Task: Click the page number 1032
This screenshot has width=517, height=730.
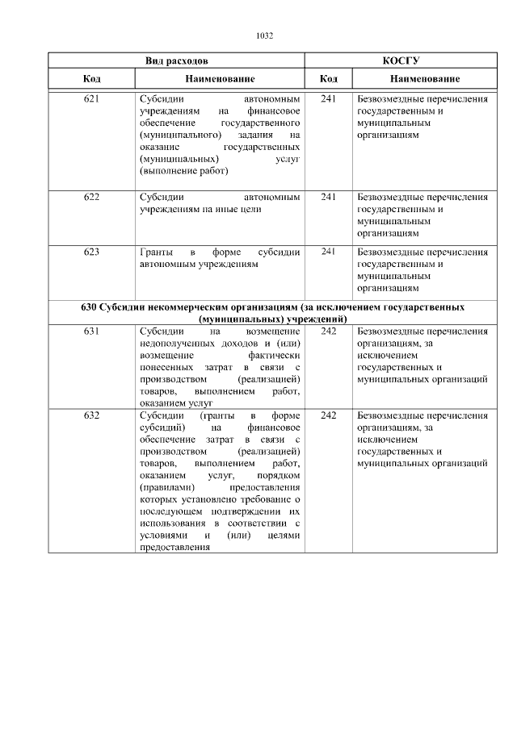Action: tap(264, 35)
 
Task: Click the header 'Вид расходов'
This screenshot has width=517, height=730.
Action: tap(176, 60)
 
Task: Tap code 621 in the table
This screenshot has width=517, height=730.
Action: tap(91, 99)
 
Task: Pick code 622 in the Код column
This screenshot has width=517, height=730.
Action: tap(91, 196)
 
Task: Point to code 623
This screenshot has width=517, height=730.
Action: tap(91, 252)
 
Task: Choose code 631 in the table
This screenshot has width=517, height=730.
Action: tap(91, 332)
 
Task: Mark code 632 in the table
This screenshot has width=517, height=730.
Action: tap(91, 415)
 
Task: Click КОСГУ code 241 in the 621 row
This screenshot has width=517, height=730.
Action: tap(329, 99)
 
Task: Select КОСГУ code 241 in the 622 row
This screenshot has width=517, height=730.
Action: tap(329, 196)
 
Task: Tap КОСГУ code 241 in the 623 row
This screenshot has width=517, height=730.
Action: tap(329, 252)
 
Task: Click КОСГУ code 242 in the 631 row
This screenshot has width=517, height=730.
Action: tap(329, 332)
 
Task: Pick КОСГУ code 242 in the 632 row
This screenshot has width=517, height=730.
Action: tap(329, 415)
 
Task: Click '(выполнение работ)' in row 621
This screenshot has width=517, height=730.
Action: tap(183, 171)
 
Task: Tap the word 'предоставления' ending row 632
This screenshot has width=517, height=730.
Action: tap(169, 548)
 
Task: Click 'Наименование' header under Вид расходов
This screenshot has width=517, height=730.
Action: tap(219, 79)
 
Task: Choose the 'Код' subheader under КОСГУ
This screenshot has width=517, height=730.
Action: tap(329, 79)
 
